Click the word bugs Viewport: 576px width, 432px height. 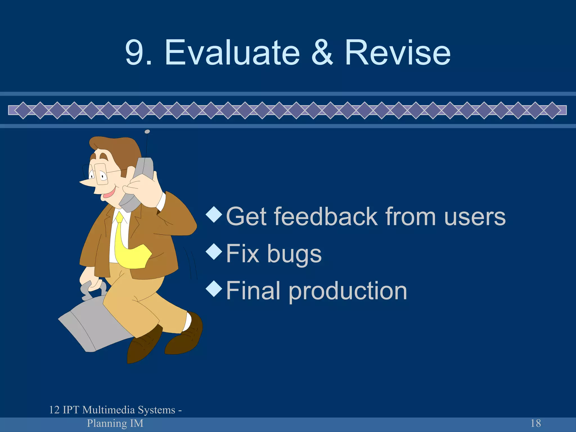click(294, 254)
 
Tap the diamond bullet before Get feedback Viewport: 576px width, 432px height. click(214, 215)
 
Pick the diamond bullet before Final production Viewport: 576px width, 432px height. click(214, 289)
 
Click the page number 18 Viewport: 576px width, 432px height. click(535, 423)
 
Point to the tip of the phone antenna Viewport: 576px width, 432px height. click(147, 132)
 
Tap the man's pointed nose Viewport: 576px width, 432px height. click(84, 183)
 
